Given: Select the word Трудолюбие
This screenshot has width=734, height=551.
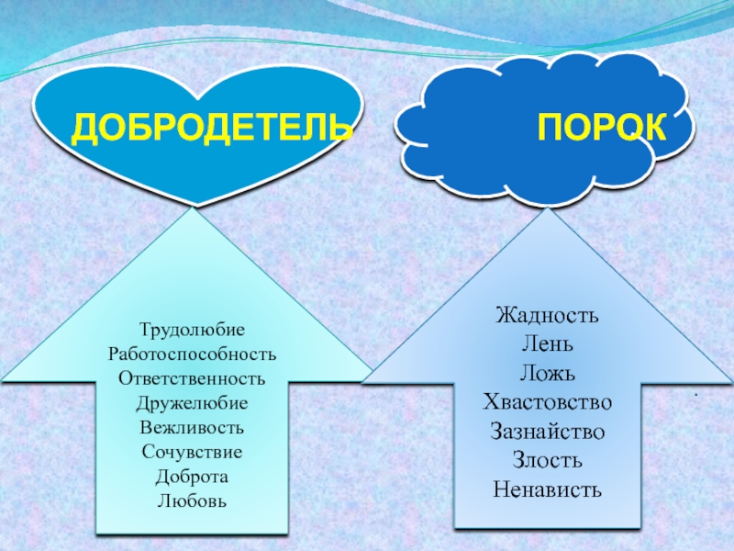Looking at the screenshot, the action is pyautogui.click(x=193, y=329).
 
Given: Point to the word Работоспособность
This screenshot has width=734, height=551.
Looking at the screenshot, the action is pyautogui.click(x=193, y=354).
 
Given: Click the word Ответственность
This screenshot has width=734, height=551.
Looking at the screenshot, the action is pyautogui.click(x=193, y=378).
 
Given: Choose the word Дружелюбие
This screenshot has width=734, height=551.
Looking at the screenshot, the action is pyautogui.click(x=193, y=403).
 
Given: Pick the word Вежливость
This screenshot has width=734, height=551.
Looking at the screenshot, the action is pyautogui.click(x=193, y=428).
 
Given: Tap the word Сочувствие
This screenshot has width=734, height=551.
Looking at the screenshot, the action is pyautogui.click(x=193, y=453).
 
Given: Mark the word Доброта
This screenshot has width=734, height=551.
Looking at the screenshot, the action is pyautogui.click(x=193, y=478).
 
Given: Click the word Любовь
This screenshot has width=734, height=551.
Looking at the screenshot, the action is pyautogui.click(x=193, y=501).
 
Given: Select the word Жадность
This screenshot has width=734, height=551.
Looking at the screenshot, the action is pyautogui.click(x=547, y=317).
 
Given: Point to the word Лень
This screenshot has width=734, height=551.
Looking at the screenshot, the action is pyautogui.click(x=547, y=345).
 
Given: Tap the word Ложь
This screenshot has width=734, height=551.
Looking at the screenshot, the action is pyautogui.click(x=547, y=374).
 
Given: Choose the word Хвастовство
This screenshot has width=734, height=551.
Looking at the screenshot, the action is pyautogui.click(x=547, y=402).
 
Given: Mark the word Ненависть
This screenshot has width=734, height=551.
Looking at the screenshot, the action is pyautogui.click(x=547, y=489).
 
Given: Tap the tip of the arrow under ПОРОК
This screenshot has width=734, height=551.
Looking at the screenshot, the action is pyautogui.click(x=548, y=210).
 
